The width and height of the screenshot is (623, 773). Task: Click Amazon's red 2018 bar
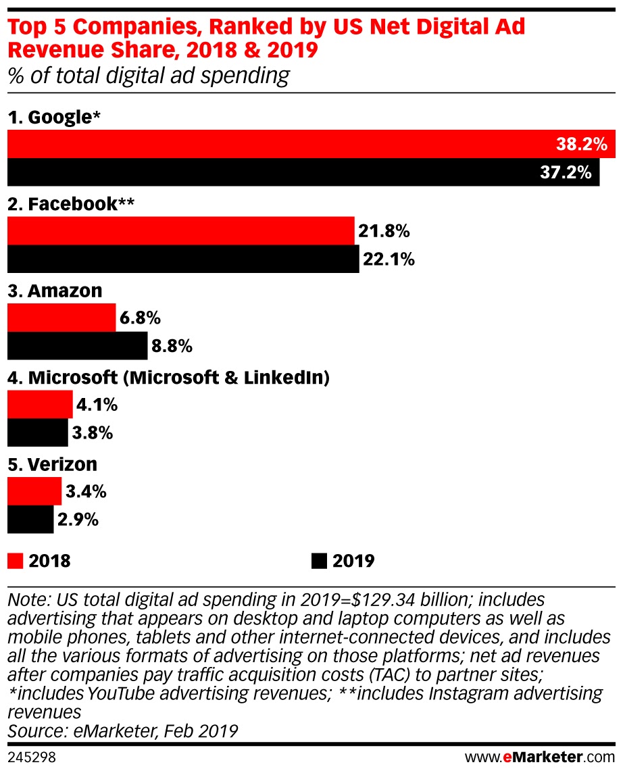61,318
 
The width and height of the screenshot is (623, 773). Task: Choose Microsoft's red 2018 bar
40,405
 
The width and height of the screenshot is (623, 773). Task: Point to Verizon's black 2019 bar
30,520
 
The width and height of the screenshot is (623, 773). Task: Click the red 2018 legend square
15,561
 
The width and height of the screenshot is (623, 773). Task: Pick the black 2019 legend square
318,561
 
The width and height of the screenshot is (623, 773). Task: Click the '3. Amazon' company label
55,291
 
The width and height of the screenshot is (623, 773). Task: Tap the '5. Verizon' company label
53,464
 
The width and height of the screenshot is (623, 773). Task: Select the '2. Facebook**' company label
71,204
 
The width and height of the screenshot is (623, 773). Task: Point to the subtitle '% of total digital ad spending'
148,76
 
